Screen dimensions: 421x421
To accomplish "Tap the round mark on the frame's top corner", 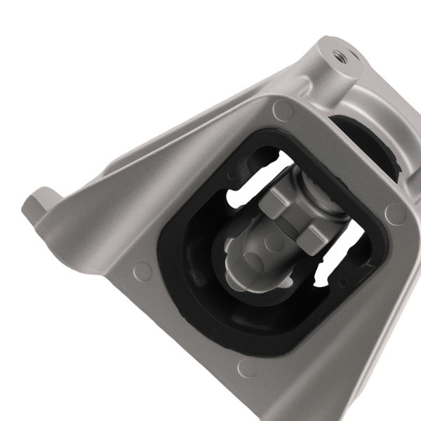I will point(283,109).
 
